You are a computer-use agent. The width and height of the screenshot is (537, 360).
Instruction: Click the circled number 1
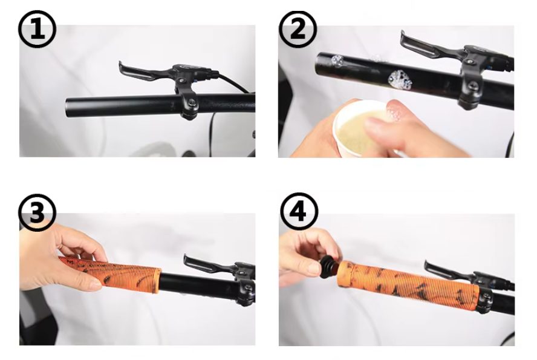[37, 30]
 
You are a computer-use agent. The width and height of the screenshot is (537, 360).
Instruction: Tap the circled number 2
[298, 30]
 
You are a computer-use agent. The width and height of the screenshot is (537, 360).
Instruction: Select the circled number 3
[37, 213]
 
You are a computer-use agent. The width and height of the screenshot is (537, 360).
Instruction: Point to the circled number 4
[299, 212]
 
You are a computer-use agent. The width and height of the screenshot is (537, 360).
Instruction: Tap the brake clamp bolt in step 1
[192, 102]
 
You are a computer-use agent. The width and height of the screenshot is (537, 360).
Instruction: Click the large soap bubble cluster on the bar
[400, 80]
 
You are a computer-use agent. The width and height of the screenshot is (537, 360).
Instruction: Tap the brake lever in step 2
[428, 46]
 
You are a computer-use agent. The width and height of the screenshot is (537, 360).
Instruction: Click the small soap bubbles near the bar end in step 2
[336, 61]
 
